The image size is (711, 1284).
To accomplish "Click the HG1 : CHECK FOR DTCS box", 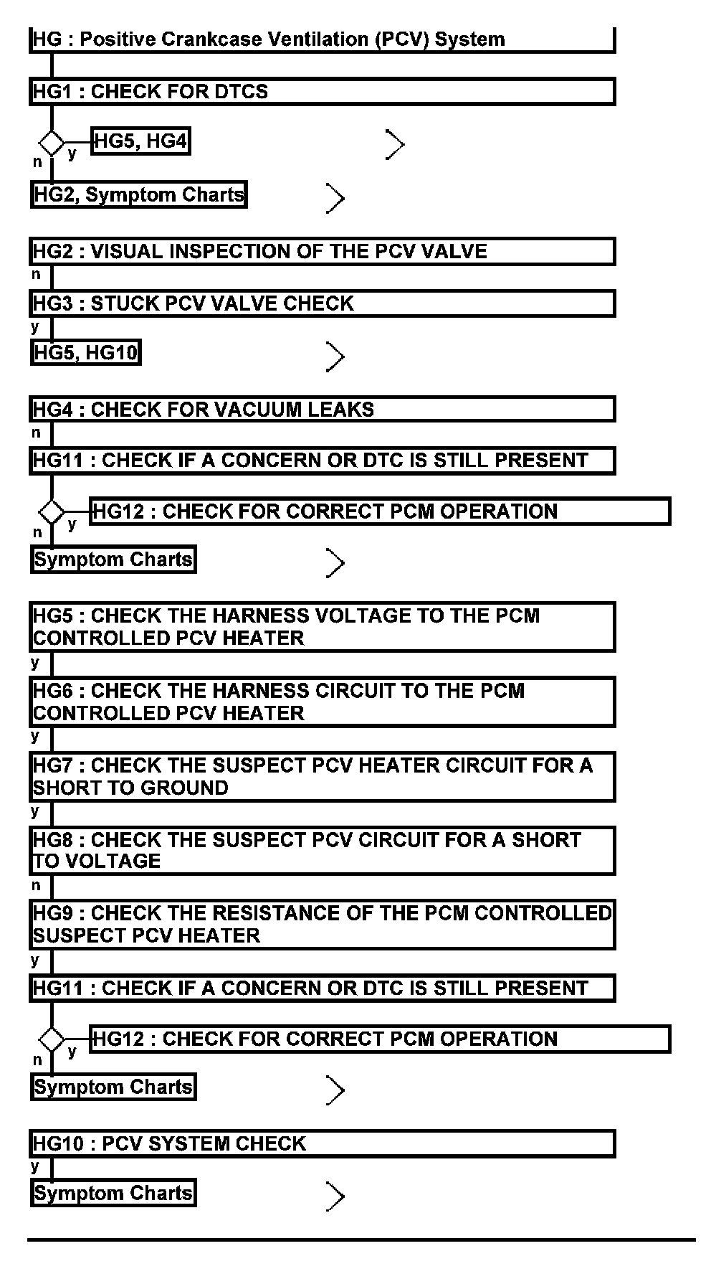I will point(322,92).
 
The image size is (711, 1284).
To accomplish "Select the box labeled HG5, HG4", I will point(140,141).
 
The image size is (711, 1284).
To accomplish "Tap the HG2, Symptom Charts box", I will point(138,194).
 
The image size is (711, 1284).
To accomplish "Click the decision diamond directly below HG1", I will point(52,142).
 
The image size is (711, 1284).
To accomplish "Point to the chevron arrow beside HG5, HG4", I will point(395,144).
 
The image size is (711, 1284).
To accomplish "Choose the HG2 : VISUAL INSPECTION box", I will point(322,252).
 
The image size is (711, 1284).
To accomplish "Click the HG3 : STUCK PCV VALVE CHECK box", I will point(322,303).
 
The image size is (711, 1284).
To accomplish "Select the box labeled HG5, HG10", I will point(85,353).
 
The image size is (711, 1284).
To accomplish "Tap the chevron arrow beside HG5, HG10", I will point(335,357).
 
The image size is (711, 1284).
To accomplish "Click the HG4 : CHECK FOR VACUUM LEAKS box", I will point(322,410).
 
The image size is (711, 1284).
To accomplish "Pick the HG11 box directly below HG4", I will point(322,461).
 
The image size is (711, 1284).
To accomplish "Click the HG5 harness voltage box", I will point(322,627).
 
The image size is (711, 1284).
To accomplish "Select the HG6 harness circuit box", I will point(322,702).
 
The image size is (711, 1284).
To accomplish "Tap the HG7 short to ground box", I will point(322,776).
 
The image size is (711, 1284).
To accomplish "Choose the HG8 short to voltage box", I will point(322,850).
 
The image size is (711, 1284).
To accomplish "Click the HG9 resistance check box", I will point(322,924).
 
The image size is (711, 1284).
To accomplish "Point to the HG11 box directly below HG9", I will point(322,988).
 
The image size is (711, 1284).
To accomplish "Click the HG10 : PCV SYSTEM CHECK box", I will point(322,1143).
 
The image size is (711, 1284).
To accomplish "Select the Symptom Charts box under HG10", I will point(113,1193).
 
